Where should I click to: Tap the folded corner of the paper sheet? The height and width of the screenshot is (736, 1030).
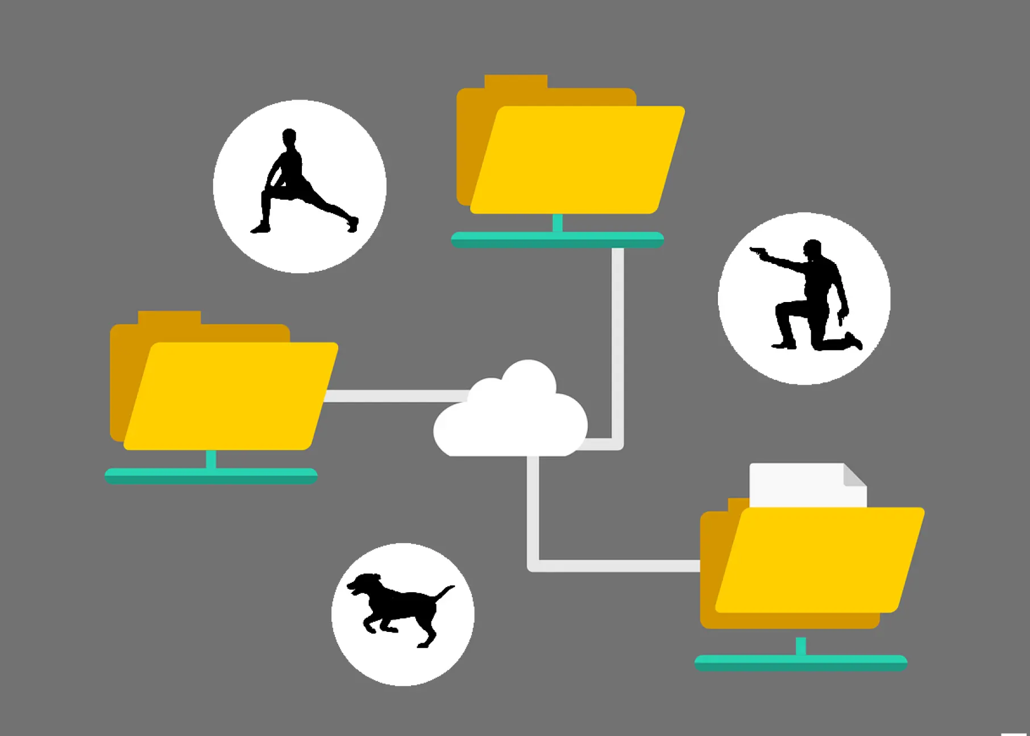pyautogui.click(x=854, y=475)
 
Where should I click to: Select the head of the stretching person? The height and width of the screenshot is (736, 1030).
pyautogui.click(x=289, y=137)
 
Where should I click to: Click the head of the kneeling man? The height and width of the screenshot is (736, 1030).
pyautogui.click(x=813, y=250)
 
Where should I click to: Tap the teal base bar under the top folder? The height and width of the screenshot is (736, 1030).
pyautogui.click(x=557, y=239)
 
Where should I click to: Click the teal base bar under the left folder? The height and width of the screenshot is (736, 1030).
pyautogui.click(x=211, y=475)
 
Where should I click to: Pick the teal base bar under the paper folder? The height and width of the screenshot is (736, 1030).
pyautogui.click(x=800, y=663)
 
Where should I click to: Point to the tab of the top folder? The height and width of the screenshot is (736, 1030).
pyautogui.click(x=516, y=82)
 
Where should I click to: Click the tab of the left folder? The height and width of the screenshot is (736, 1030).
pyautogui.click(x=169, y=317)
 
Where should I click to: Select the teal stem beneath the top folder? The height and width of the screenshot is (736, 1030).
pyautogui.click(x=558, y=222)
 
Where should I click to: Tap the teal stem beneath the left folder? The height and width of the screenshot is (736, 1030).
pyautogui.click(x=211, y=458)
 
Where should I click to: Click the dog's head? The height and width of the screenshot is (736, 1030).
pyautogui.click(x=364, y=583)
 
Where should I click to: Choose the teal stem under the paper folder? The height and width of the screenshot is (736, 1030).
pyautogui.click(x=801, y=646)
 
